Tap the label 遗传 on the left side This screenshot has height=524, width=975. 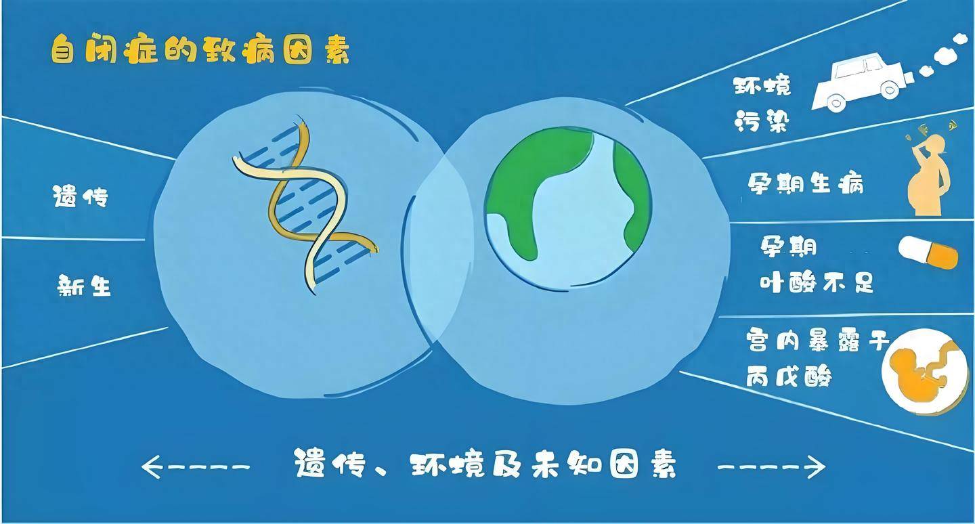click(80, 197)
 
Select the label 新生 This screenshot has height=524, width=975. click(83, 286)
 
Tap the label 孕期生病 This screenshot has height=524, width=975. click(806, 183)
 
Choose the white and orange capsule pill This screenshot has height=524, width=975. click(928, 253)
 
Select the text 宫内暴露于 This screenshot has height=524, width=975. click(817, 340)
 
